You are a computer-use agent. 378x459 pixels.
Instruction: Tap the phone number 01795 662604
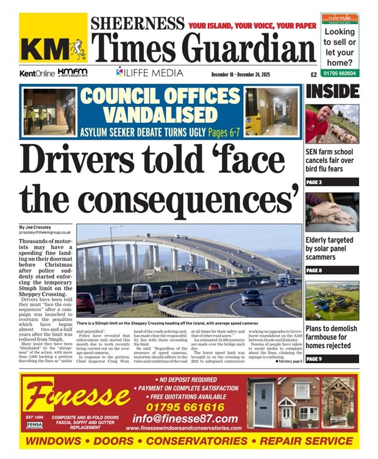340,73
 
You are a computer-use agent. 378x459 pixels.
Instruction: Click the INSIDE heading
332,92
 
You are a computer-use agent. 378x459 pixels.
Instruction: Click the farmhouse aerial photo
331,300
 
